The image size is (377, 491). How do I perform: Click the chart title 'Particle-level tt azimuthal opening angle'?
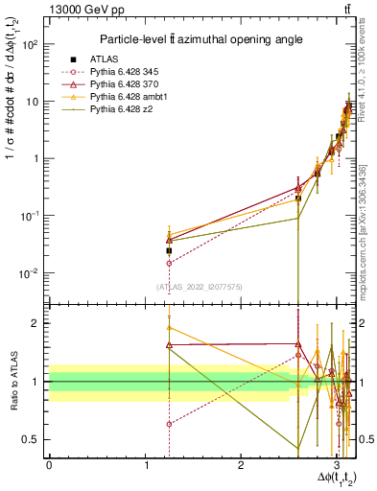coord(196,39)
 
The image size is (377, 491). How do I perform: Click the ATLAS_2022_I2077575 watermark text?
coord(199,285)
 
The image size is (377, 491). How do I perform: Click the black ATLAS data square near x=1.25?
coord(169,250)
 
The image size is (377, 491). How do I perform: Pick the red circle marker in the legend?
coord(70,72)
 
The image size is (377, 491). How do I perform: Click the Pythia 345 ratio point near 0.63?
coord(169,424)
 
